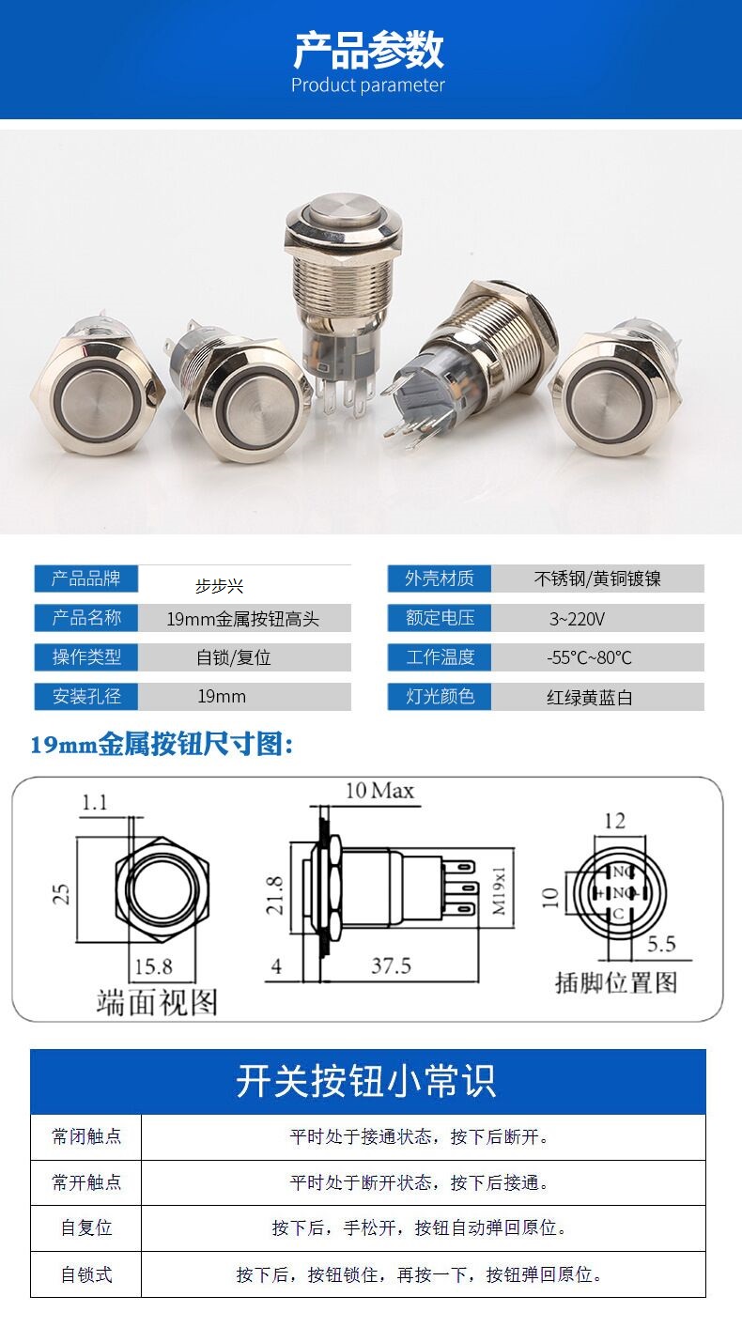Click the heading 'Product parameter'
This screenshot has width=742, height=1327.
pyautogui.click(x=367, y=85)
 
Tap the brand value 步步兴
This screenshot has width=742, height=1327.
pyautogui.click(x=219, y=586)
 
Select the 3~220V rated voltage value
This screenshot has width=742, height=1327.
pyautogui.click(x=577, y=619)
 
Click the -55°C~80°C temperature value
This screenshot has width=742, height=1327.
pyautogui.click(x=589, y=657)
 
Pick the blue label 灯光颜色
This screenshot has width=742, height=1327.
pyautogui.click(x=440, y=696)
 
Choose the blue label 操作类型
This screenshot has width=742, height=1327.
pyautogui.click(x=86, y=657)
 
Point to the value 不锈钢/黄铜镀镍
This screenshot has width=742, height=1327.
pyautogui.click(x=597, y=579)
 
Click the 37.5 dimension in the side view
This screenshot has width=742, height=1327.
pyautogui.click(x=391, y=965)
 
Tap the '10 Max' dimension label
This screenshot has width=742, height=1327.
pyautogui.click(x=379, y=790)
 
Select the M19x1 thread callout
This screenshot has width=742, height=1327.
pyautogui.click(x=499, y=891)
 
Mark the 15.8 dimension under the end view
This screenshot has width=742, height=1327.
pyautogui.click(x=153, y=966)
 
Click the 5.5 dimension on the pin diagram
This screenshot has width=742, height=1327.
pyautogui.click(x=661, y=944)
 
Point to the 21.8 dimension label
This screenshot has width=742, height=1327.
pyautogui.click(x=274, y=895)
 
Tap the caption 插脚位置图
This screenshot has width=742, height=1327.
pyautogui.click(x=616, y=983)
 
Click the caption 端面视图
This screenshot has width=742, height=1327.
pyautogui.click(x=157, y=1002)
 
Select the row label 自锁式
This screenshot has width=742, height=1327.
pyautogui.click(x=86, y=1274)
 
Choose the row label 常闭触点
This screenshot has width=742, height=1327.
pyautogui.click(x=86, y=1136)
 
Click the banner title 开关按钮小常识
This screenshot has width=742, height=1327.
pyautogui.click(x=365, y=1081)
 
